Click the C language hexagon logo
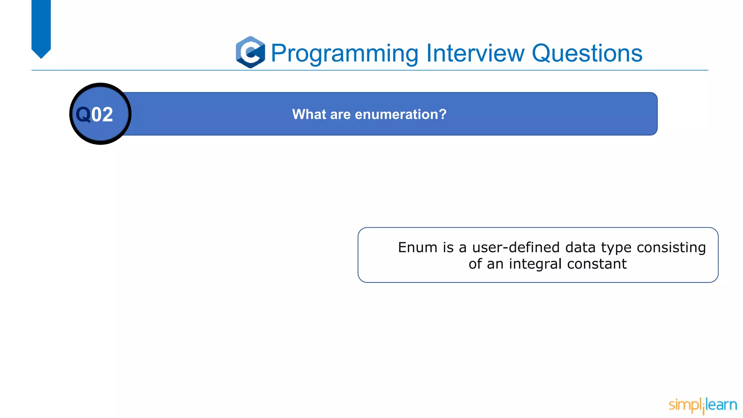tap(250, 52)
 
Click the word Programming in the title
tap(345, 54)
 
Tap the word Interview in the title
tap(475, 53)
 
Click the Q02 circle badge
tap(100, 114)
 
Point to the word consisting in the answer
tap(671, 247)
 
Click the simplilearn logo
tap(702, 405)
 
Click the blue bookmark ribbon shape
tap(41, 27)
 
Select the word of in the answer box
tap(475, 264)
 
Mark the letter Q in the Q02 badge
tap(83, 114)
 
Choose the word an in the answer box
tap(495, 264)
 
